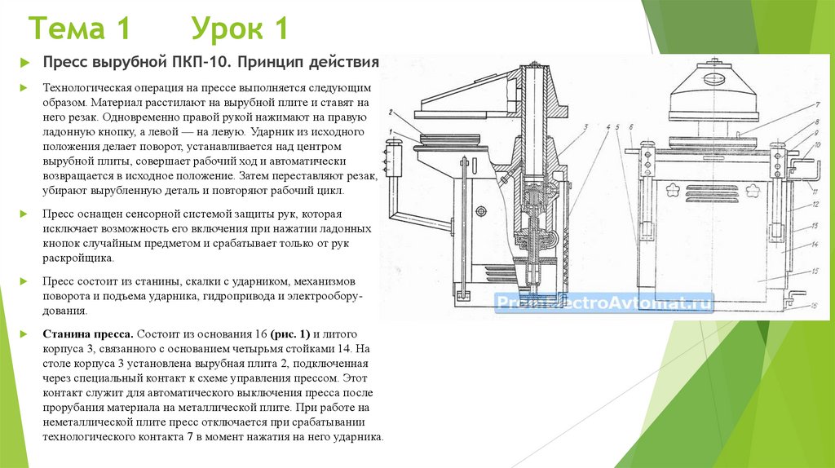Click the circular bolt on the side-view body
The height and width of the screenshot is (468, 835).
pos(480,211)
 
